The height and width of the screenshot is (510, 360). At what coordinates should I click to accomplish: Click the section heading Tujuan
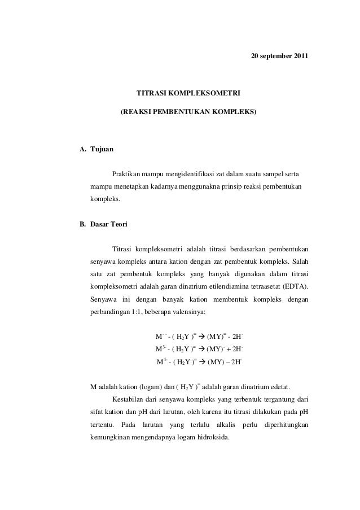click(102, 150)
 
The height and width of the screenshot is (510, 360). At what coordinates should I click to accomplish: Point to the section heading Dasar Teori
click(109, 225)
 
